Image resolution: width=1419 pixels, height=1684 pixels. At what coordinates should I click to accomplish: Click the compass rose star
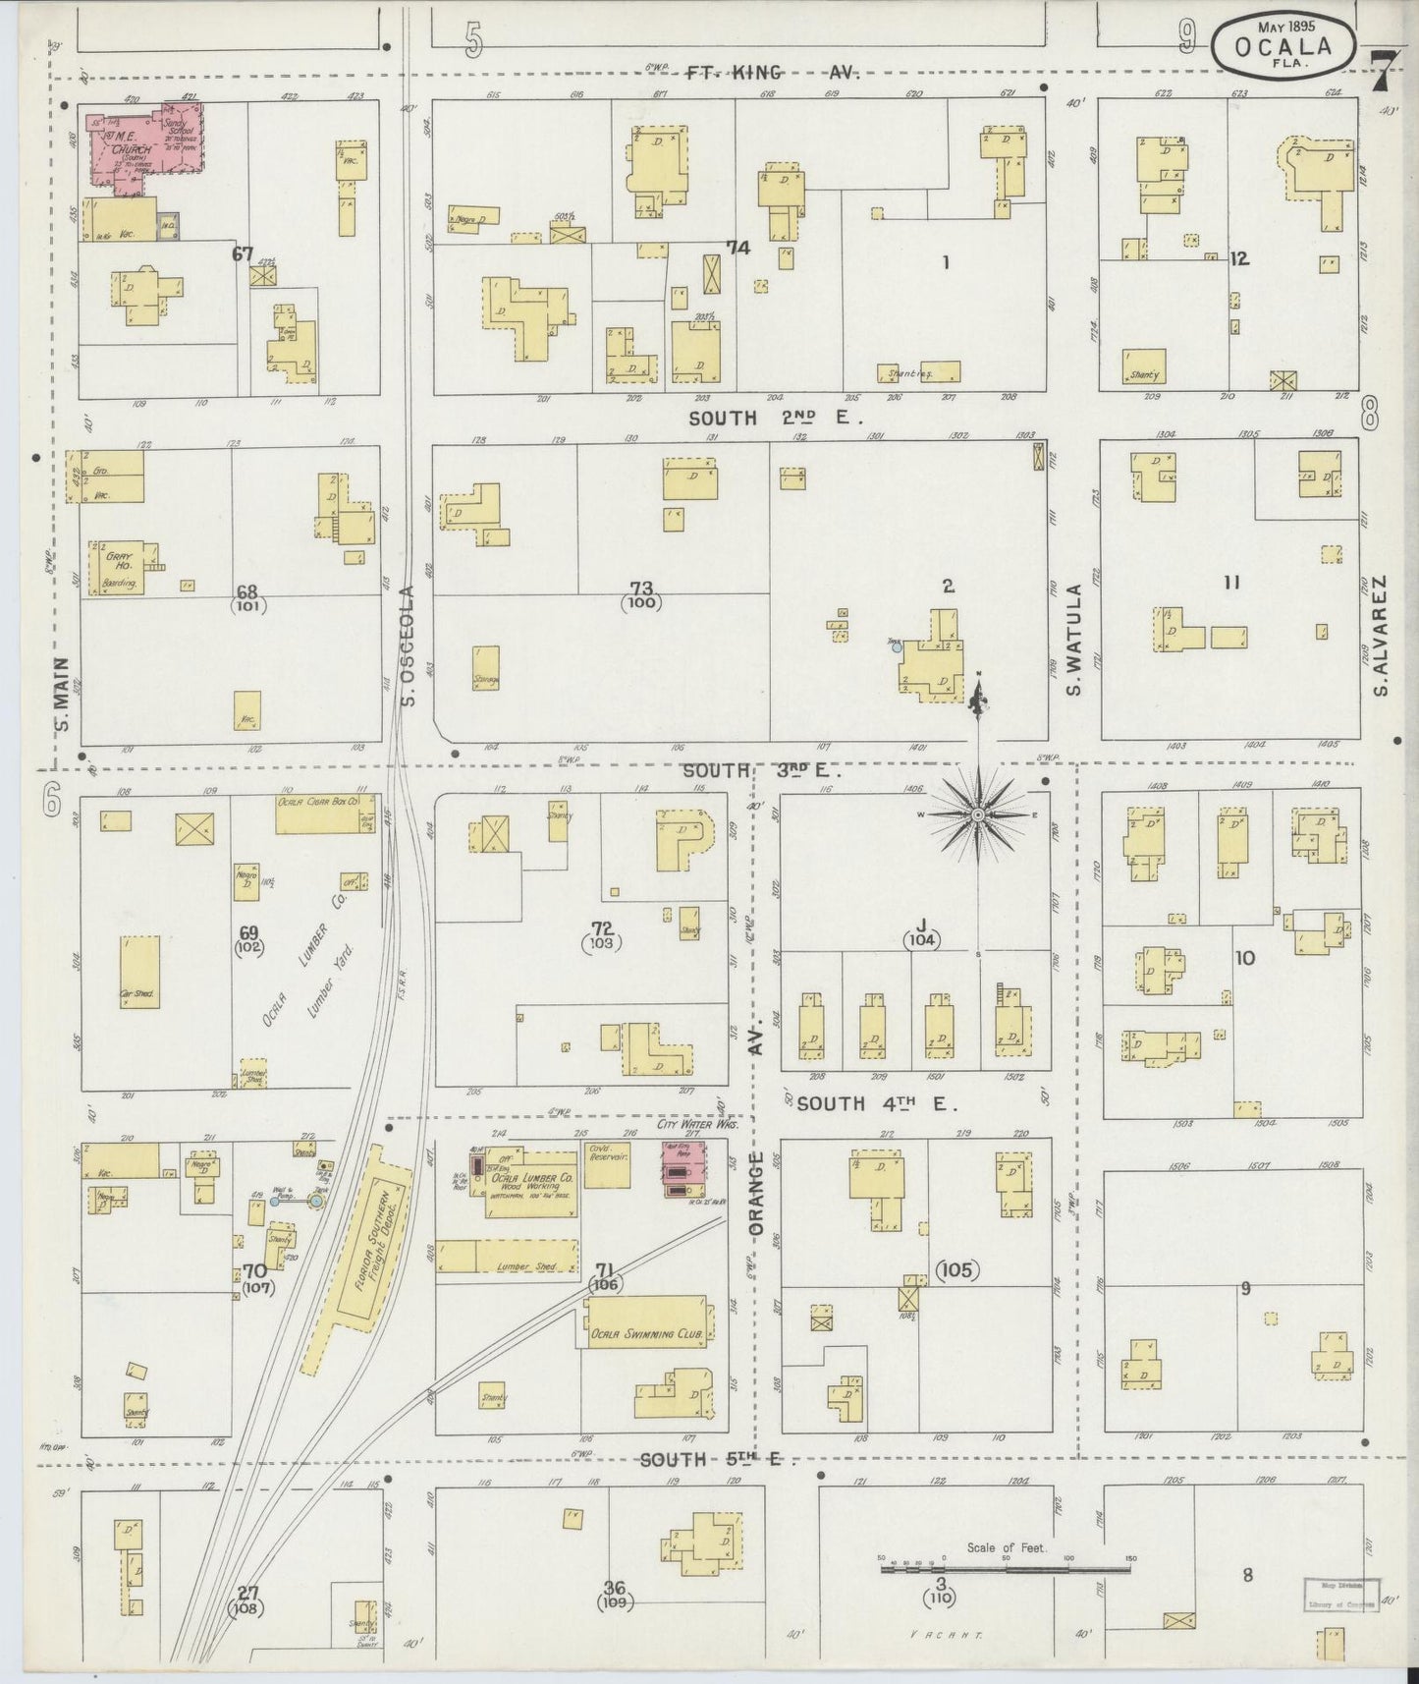click(x=978, y=815)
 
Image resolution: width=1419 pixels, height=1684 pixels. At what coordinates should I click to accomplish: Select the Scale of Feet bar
click(x=1007, y=1568)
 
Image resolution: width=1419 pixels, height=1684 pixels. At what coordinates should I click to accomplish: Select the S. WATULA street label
click(x=1074, y=640)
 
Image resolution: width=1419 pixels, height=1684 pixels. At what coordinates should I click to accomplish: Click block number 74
click(x=737, y=249)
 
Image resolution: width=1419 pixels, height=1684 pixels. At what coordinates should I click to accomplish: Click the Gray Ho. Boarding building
click(x=124, y=568)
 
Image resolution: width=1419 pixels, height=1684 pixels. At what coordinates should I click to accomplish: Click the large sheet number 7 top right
click(x=1384, y=69)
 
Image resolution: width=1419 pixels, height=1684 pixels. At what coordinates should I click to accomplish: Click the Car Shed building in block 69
click(x=139, y=970)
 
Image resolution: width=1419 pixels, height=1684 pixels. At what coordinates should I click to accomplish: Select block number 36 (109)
click(x=616, y=1594)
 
